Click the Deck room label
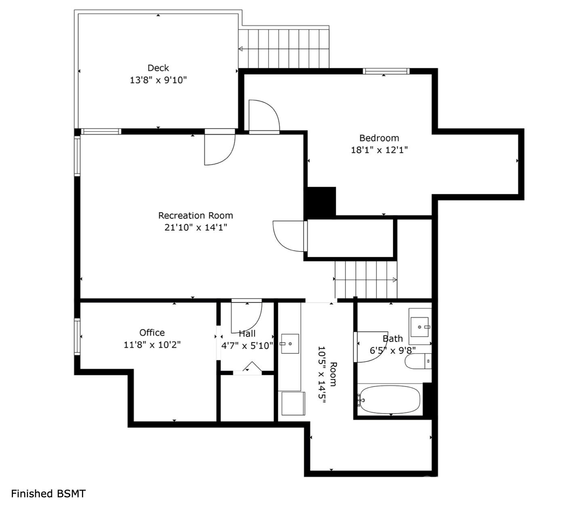(x=158, y=68)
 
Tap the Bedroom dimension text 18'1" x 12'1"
(x=379, y=150)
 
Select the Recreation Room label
(x=196, y=215)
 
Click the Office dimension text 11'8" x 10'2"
(x=152, y=345)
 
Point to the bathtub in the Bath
(x=389, y=400)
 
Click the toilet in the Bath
(x=418, y=361)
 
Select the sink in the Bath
(x=420, y=326)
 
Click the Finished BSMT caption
(x=48, y=494)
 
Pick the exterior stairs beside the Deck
(x=284, y=49)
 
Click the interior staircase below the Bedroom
(x=366, y=279)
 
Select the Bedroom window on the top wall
(x=386, y=72)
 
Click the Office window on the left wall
(x=77, y=337)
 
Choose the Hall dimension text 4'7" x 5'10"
(x=247, y=346)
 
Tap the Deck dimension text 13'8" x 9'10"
(x=158, y=80)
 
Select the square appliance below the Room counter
(x=293, y=403)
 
